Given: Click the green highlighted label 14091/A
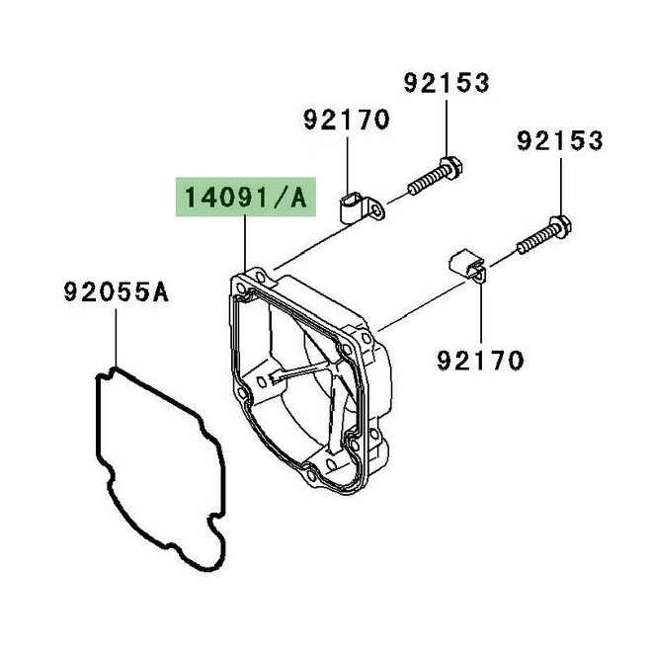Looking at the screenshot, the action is (x=245, y=198).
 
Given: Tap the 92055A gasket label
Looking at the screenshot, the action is (x=116, y=291).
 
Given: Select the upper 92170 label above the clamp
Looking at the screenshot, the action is (x=347, y=120).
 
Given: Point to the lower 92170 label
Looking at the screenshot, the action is (x=480, y=361).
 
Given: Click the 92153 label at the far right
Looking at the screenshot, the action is (x=560, y=140).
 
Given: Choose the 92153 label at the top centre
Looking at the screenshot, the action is (x=447, y=83).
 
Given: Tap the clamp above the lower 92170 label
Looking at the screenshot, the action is (x=467, y=266).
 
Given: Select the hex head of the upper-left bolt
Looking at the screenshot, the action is (x=450, y=169).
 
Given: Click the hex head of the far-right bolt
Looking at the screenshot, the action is (x=560, y=227).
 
